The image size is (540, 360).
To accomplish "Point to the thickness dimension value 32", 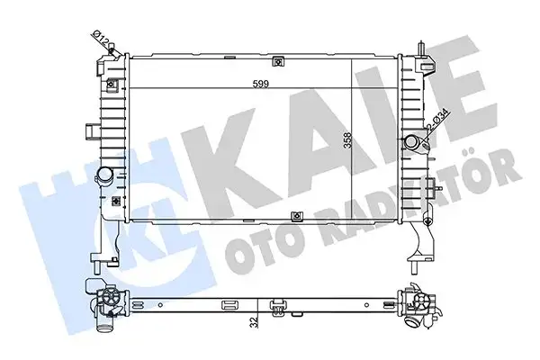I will (x=256, y=319).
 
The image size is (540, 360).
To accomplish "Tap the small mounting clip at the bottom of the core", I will (x=298, y=216).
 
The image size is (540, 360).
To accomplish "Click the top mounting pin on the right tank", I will (x=421, y=47).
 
